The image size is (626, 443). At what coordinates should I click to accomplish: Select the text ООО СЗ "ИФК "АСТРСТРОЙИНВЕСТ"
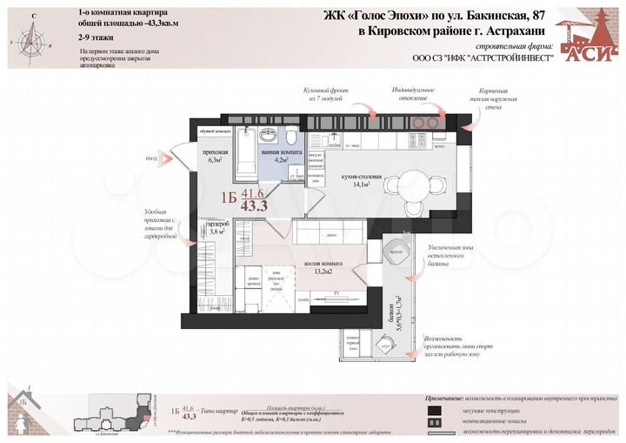point(471,60)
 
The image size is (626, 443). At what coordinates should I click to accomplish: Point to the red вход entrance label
point(151,158)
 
